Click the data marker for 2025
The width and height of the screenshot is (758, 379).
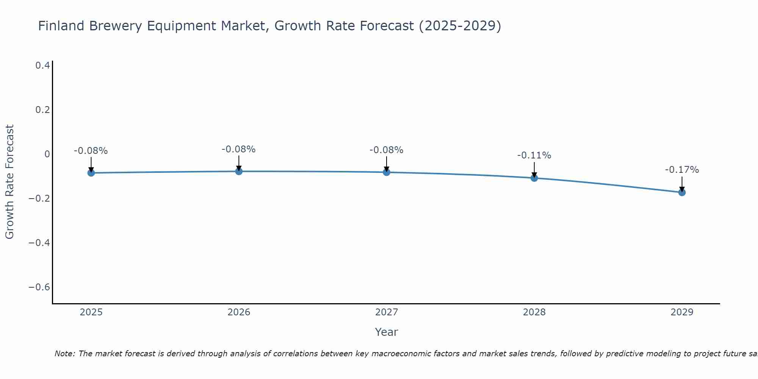click(x=91, y=173)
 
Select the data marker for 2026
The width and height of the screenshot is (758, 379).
click(x=239, y=171)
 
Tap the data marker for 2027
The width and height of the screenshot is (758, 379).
click(x=387, y=172)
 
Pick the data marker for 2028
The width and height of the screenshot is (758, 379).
click(x=534, y=178)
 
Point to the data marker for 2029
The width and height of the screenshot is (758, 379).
click(x=682, y=192)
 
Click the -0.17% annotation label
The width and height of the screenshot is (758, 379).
click(x=682, y=170)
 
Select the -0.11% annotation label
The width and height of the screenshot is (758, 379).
click(x=534, y=155)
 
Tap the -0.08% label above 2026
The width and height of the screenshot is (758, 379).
click(x=238, y=149)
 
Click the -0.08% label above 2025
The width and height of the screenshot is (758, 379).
click(x=91, y=151)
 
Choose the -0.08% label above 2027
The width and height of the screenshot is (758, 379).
click(x=386, y=150)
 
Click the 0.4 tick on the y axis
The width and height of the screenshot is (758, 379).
click(x=42, y=66)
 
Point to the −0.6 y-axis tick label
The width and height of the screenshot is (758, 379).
click(x=39, y=287)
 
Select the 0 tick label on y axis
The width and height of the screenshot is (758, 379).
click(x=47, y=154)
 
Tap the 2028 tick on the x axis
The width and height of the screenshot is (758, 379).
click(x=534, y=312)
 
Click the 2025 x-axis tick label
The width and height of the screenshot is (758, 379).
click(x=91, y=312)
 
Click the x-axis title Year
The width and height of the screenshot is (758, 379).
click(x=386, y=332)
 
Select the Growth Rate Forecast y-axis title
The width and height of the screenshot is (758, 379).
click(x=9, y=182)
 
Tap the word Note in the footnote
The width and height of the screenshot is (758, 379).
click(x=64, y=354)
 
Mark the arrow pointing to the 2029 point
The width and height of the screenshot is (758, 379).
click(x=682, y=184)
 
